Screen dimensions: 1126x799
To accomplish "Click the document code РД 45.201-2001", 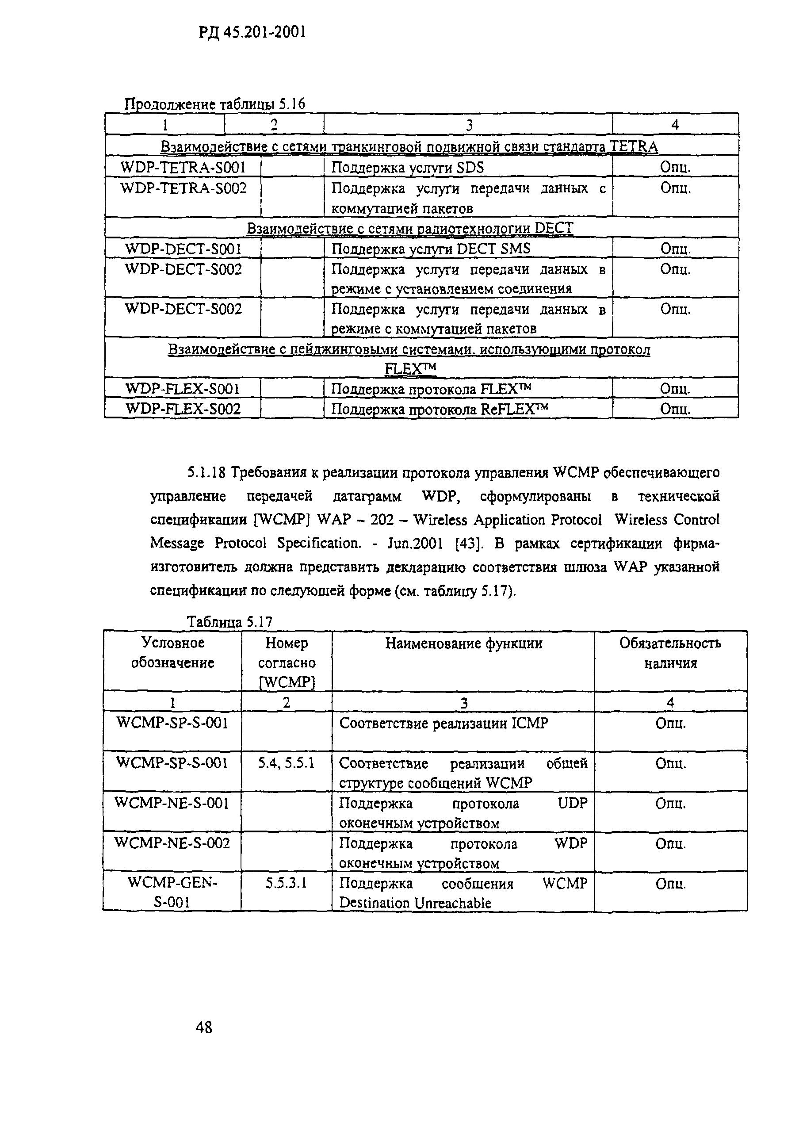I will [x=252, y=32].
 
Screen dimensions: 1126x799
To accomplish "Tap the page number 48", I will [x=204, y=1027].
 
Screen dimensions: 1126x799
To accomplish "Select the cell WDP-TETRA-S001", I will [x=183, y=168].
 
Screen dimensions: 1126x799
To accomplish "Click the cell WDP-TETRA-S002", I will [x=183, y=188].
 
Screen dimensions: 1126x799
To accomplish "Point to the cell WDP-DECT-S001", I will [x=183, y=249].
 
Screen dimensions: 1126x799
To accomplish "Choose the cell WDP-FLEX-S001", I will [x=182, y=389].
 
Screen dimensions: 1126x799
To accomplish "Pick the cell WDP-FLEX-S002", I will [x=183, y=409].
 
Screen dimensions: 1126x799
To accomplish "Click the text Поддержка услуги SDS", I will [x=407, y=168].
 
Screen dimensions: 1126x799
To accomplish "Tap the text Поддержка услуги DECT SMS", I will [x=431, y=249].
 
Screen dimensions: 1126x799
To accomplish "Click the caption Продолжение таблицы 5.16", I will [x=214, y=104].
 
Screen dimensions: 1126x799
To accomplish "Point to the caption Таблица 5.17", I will [x=229, y=622].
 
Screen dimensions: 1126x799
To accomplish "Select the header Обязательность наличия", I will [x=670, y=653].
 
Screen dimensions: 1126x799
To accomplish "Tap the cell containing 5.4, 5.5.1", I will [x=287, y=763].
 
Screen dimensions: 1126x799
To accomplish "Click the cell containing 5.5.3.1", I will [x=287, y=883].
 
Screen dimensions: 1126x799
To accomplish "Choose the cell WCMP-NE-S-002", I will [x=172, y=843].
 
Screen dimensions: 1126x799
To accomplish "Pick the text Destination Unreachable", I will [x=415, y=903].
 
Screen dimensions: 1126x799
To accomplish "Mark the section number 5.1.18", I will [x=206, y=473].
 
